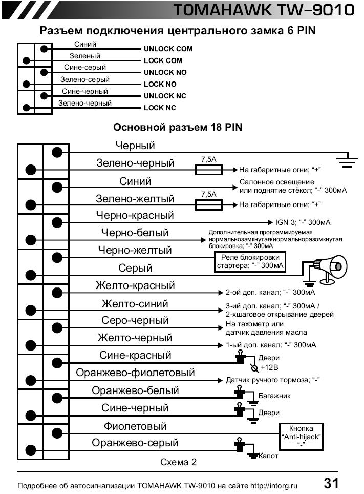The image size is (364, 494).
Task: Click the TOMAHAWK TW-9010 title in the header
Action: (x=263, y=10)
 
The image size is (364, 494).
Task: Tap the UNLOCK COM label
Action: (x=168, y=49)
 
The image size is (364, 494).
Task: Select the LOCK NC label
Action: (x=160, y=108)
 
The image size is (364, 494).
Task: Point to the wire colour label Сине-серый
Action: (x=85, y=68)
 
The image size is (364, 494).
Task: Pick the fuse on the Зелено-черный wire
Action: (x=209, y=169)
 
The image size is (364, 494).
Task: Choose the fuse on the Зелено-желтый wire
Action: (x=209, y=204)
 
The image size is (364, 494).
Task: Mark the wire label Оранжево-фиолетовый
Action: (x=136, y=373)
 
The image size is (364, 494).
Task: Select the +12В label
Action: (x=269, y=368)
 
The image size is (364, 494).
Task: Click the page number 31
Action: (x=331, y=483)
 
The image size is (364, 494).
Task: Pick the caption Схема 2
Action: (x=178, y=462)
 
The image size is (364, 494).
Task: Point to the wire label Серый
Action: (x=135, y=268)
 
